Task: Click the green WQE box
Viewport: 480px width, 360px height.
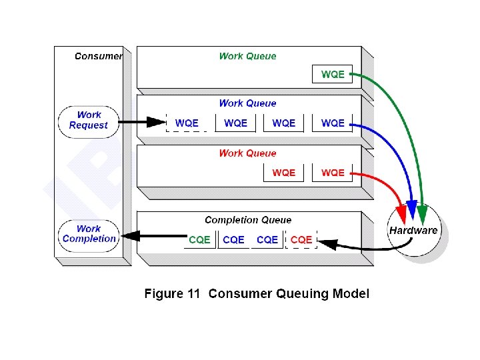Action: (x=332, y=74)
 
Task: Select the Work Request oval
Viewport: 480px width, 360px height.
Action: (x=88, y=121)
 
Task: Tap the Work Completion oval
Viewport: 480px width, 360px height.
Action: (x=89, y=235)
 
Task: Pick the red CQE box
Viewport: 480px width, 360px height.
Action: (x=301, y=239)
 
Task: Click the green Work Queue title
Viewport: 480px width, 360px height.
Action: (x=247, y=57)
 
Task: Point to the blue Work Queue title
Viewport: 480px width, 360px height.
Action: (x=247, y=103)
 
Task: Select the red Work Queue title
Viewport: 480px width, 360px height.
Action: (x=247, y=153)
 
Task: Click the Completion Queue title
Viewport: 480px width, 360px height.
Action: (x=248, y=220)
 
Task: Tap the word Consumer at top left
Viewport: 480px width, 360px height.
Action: (x=98, y=57)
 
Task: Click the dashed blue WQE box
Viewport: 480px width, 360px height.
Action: (x=186, y=123)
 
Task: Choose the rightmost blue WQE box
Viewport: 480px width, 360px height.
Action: (x=333, y=123)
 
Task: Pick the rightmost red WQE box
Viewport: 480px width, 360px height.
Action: (x=333, y=173)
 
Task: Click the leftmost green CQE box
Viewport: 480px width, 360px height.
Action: (x=199, y=239)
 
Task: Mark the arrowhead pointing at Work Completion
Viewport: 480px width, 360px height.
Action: (x=130, y=235)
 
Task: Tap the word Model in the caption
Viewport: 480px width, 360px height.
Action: (x=350, y=294)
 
